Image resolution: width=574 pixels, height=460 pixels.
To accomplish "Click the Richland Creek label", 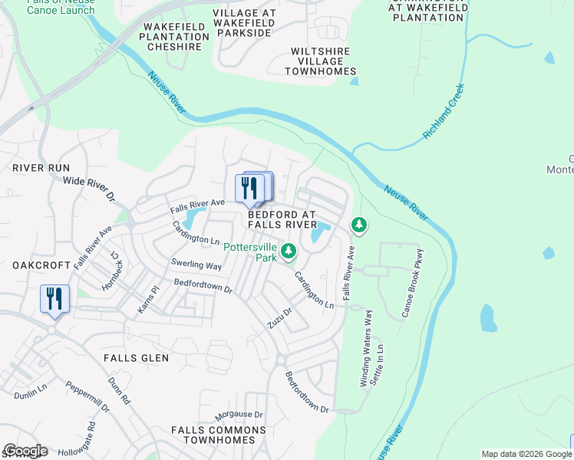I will [x=444, y=111].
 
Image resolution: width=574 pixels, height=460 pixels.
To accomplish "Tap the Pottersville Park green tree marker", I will [x=289, y=251].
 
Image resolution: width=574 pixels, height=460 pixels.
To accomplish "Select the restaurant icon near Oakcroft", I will [x=54, y=298].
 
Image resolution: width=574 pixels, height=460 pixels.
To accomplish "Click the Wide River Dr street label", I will [x=88, y=189].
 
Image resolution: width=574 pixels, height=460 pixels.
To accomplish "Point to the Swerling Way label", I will [x=196, y=264].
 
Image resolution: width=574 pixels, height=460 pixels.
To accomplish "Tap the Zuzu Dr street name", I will [x=281, y=318].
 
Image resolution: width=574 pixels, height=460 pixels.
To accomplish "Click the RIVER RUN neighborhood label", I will [x=41, y=167].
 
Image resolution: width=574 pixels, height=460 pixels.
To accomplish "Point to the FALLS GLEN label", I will [x=136, y=358].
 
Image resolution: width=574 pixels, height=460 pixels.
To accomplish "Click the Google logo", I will [x=25, y=451].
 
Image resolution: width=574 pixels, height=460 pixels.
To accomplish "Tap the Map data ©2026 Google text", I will [x=525, y=454].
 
